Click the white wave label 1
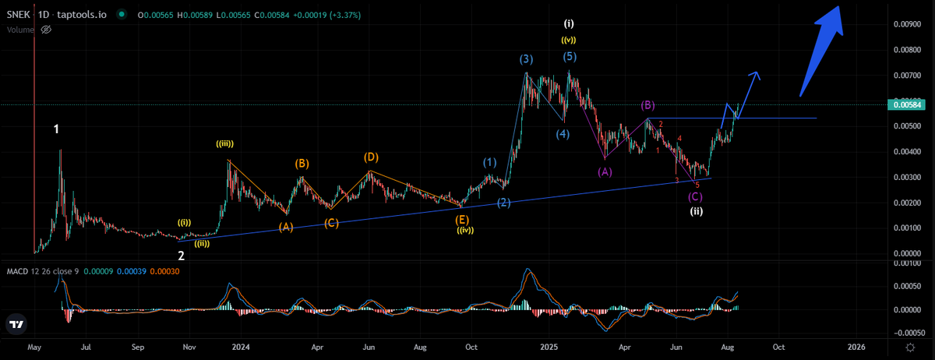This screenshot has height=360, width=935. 57,129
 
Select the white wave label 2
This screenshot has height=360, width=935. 181,256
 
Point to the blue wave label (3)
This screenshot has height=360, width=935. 527,59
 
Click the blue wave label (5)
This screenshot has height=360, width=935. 570,57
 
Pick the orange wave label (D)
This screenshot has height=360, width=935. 371,157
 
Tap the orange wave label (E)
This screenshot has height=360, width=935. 462,220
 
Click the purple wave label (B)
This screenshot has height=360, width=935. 647,105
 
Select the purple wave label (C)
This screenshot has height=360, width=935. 695,197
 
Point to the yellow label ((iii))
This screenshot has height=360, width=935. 226,143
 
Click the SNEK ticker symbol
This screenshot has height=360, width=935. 17,14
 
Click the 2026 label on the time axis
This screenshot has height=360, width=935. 856,346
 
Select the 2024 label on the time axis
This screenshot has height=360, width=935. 241,346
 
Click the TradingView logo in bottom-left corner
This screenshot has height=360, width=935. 15,324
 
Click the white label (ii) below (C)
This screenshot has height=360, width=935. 697,210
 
